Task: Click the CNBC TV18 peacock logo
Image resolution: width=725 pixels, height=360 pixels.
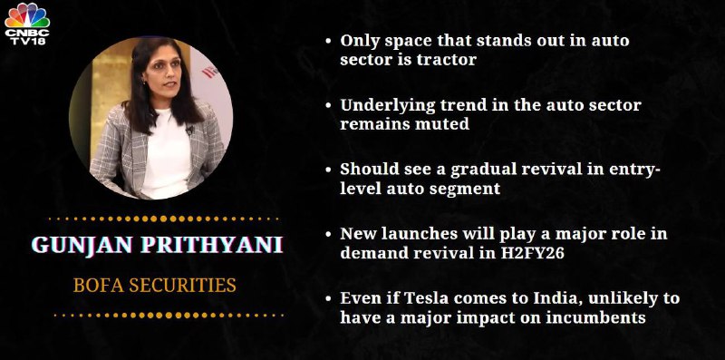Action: point(27,24)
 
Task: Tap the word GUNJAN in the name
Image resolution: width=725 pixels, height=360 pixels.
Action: point(82,244)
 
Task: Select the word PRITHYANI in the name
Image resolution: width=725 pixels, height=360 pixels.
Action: point(212,244)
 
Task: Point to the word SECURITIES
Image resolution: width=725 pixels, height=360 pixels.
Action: point(183,285)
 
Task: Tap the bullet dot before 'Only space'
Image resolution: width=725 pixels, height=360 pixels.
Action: point(328,41)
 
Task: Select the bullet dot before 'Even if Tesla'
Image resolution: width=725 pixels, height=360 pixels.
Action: point(328,299)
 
